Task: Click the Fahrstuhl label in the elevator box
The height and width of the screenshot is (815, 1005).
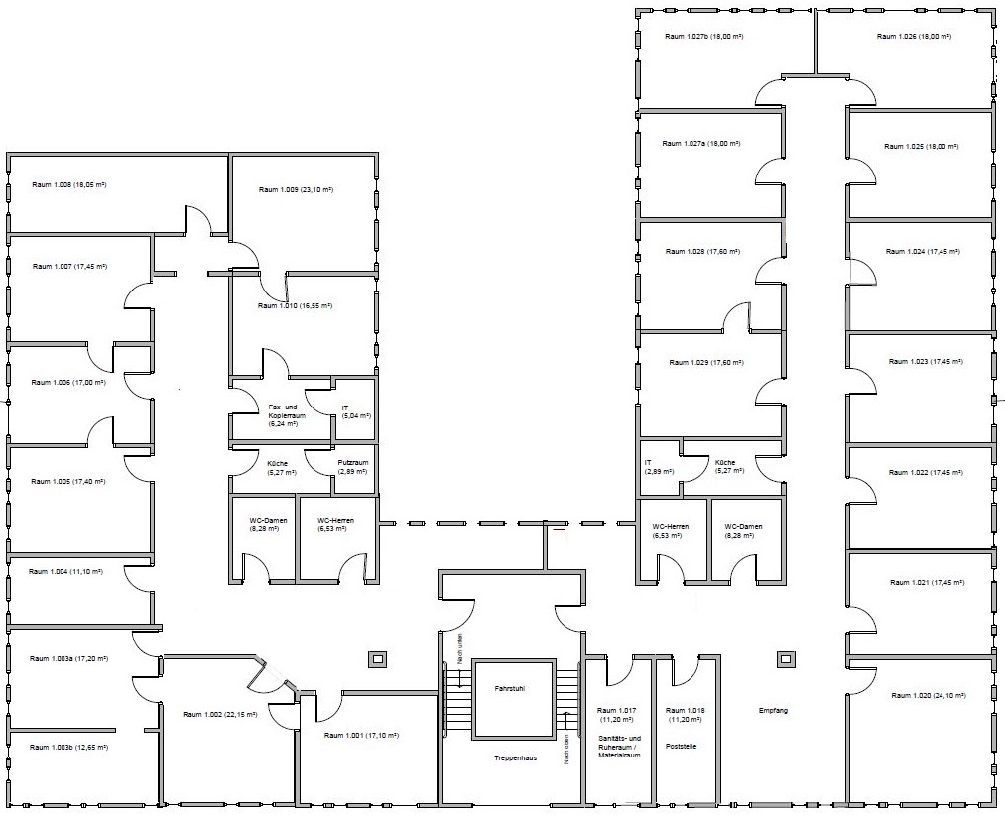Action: [510, 689]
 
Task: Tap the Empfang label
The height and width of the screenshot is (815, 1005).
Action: [773, 711]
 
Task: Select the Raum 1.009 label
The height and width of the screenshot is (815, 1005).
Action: [296, 189]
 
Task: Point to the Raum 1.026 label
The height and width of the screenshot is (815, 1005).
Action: [914, 36]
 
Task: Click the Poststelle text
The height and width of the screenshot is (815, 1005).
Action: [681, 746]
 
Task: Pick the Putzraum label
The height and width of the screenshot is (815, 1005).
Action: [352, 463]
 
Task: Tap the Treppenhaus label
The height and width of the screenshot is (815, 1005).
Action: [515, 757]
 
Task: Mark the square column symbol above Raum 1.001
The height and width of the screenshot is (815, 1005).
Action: [377, 659]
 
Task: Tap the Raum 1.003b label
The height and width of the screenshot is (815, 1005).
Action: [68, 748]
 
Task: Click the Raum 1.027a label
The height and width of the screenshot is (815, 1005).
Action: [701, 144]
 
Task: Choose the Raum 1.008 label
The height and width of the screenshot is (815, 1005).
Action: [69, 184]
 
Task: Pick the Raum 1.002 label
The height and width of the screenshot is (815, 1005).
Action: [220, 714]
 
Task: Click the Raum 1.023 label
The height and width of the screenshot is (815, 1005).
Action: [927, 361]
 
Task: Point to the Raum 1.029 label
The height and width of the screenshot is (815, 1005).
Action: [706, 363]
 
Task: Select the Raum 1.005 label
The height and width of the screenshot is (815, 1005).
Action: [67, 481]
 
